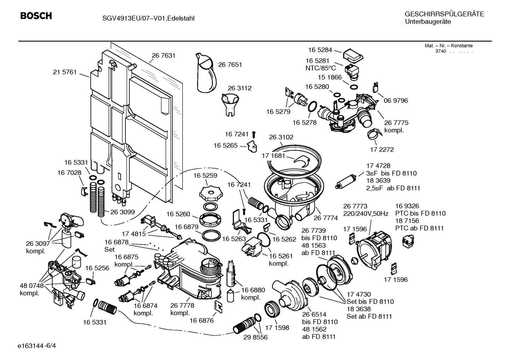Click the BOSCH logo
pyautogui.click(x=36, y=16)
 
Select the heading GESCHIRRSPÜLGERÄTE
pyautogui.click(x=444, y=14)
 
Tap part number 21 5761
pyautogui.click(x=65, y=72)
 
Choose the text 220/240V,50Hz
pyautogui.click(x=366, y=213)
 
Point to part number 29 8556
pyautogui.click(x=256, y=337)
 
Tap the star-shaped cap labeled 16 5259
pyautogui.click(x=210, y=193)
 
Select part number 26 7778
pyautogui.click(x=182, y=306)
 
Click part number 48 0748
pyautogui.click(x=32, y=285)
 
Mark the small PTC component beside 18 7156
pyautogui.click(x=408, y=242)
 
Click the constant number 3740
pyautogui.click(x=441, y=51)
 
